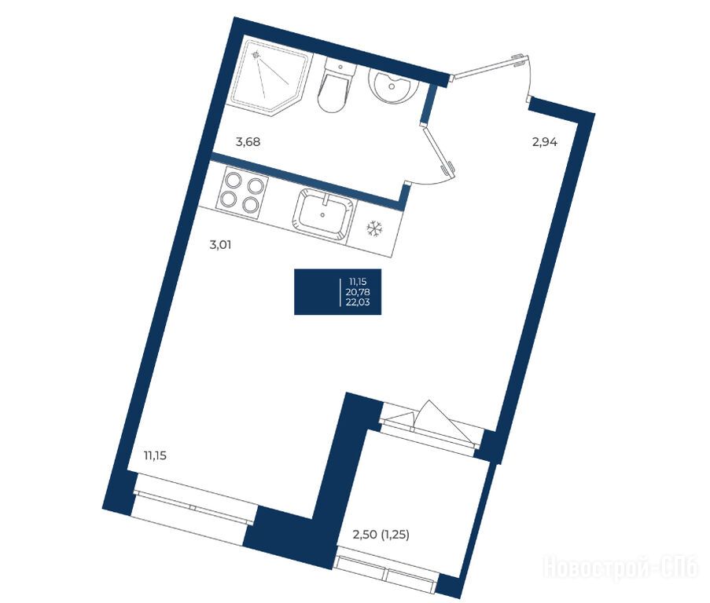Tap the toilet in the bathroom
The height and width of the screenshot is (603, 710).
pos(336,87)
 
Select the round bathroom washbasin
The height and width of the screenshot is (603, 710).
pos(393,84)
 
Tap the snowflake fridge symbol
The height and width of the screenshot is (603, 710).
pos(374,228)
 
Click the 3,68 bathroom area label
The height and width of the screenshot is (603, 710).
pos(248,142)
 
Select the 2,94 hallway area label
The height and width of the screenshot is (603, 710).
pos(544,143)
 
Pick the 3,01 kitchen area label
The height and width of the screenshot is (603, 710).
pos(220,246)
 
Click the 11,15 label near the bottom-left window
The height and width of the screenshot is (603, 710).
pos(155,455)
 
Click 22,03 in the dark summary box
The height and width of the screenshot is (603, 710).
pos(358,302)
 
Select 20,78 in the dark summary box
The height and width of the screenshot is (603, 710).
pos(358,292)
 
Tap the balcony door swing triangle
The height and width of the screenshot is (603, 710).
pos(445,420)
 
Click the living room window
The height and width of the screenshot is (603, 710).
pos(193,502)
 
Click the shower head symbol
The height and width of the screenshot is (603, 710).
pos(257,56)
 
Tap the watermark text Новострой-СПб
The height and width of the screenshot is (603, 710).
pos(621,568)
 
